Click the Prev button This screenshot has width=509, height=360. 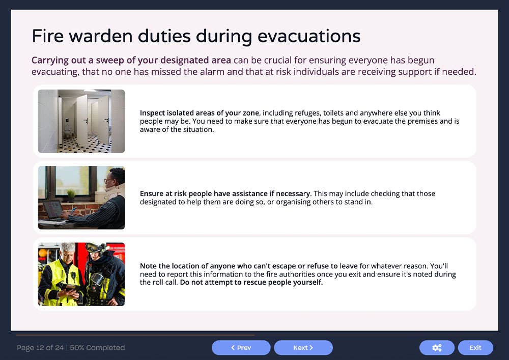pos(241,348)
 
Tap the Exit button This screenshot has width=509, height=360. pos(475,348)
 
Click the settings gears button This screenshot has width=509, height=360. pos(436,348)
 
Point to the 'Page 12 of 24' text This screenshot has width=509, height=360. pos(40,348)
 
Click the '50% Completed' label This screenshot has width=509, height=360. pos(97,348)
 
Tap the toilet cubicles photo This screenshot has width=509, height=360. pos(81,121)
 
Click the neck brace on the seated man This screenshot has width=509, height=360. pos(115,192)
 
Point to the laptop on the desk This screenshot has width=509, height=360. pos(52,209)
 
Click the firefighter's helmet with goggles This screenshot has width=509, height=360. pos(96,248)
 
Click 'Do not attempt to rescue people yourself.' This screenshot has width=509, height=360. pos(251,283)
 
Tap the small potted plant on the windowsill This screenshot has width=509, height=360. pos(71,195)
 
